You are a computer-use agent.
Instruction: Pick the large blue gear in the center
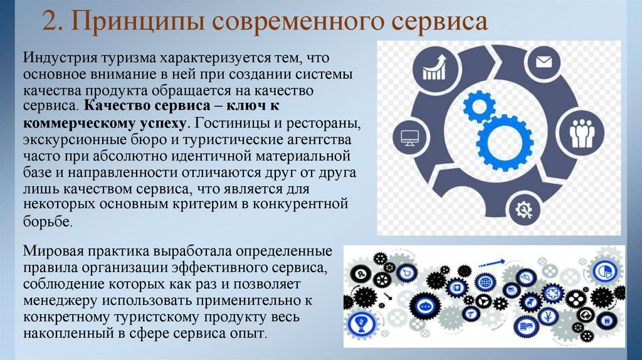(504, 142)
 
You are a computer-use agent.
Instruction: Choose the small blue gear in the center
(479, 106)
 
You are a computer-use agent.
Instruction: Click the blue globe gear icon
(485, 283)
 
